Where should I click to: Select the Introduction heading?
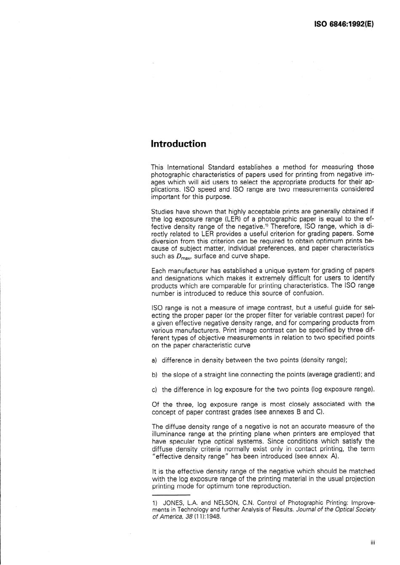[x=179, y=144]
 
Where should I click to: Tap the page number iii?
[x=372, y=543]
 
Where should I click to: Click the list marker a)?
[x=154, y=360]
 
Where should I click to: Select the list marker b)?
[x=154, y=374]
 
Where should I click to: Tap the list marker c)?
[x=154, y=389]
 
